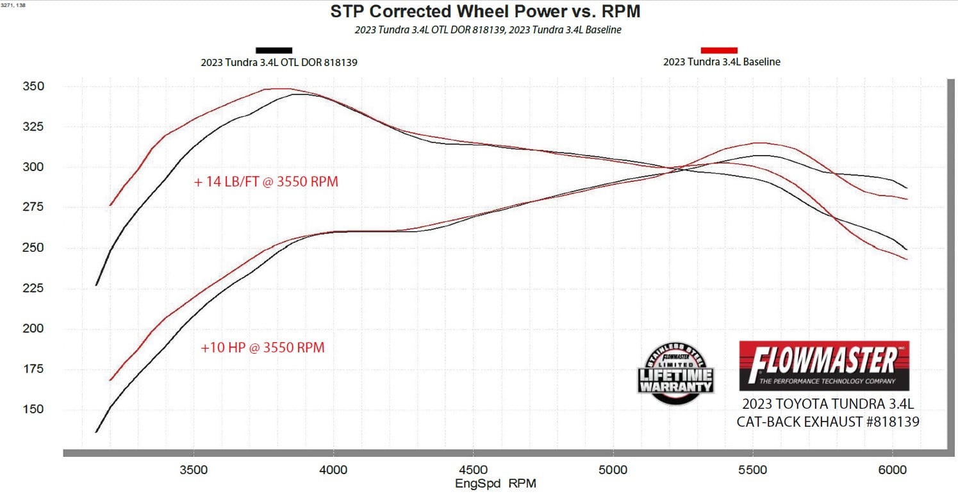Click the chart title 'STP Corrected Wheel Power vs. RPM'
tap(485, 12)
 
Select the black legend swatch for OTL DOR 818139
tap(274, 50)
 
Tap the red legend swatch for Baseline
tap(719, 50)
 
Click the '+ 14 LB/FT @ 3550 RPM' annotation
tap(266, 182)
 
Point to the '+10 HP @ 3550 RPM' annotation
tap(262, 348)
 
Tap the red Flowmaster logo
tap(824, 365)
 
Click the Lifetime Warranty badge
tap(675, 374)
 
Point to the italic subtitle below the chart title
tap(488, 29)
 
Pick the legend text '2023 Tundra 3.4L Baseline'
tap(722, 62)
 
